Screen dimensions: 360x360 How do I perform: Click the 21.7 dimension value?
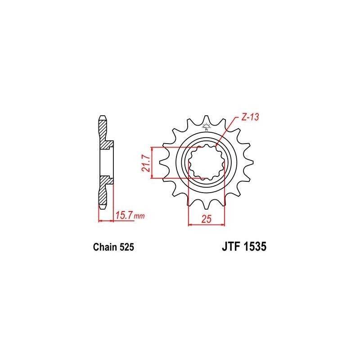click(x=145, y=163)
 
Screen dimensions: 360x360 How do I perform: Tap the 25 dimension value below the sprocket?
click(x=206, y=219)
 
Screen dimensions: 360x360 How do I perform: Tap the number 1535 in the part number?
click(x=256, y=247)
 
